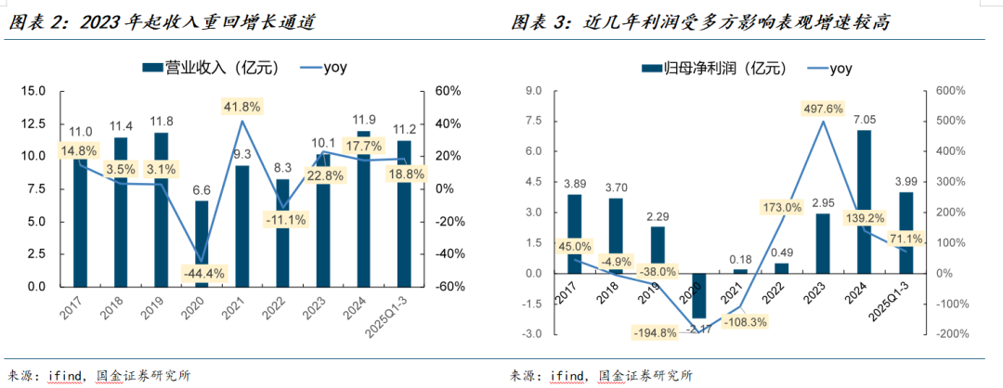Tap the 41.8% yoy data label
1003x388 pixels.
coord(241,106)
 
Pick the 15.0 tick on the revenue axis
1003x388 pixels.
coord(33,91)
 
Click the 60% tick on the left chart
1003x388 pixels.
coord(449,91)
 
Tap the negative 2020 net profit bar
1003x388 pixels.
coord(698,295)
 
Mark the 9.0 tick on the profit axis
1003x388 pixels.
coord(533,91)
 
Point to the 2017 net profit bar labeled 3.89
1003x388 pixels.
coord(575,234)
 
